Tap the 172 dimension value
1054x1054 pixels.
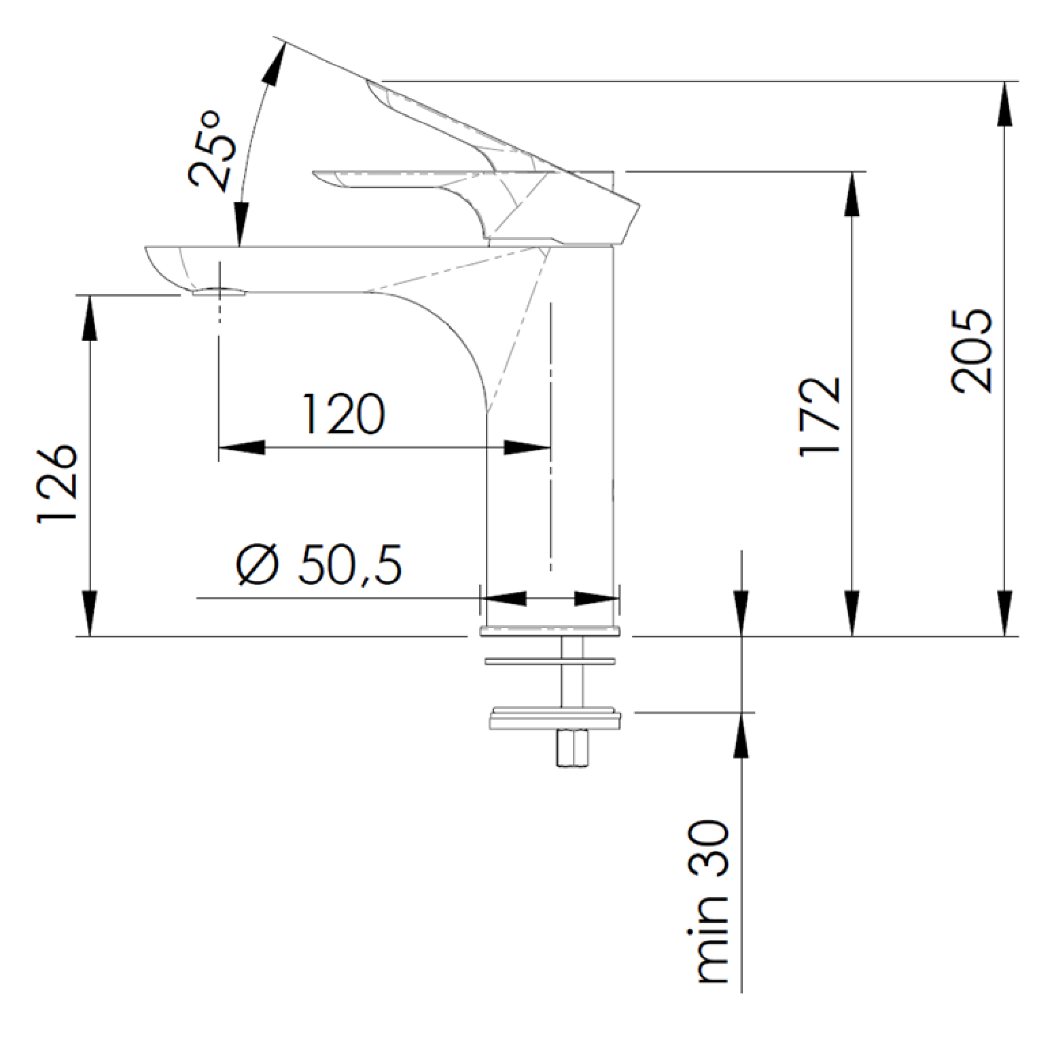point(821,416)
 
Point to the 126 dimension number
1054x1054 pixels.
point(57,484)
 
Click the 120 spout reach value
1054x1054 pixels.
point(343,413)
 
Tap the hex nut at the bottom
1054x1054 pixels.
point(572,748)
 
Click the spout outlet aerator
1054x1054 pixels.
point(217,293)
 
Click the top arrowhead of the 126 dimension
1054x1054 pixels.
point(89,317)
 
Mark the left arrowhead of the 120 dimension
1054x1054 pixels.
point(241,447)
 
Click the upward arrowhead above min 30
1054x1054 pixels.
point(741,735)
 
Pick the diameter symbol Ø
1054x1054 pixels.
point(258,564)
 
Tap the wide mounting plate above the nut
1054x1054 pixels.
point(555,719)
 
